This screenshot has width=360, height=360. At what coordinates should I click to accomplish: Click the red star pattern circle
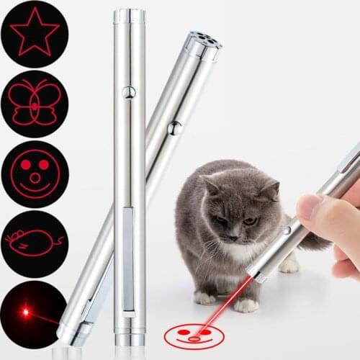34,34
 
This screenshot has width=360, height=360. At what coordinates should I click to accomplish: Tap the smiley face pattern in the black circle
34,173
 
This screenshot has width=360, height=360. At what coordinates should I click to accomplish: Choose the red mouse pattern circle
34,242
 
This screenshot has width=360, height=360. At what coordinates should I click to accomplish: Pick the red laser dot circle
34,314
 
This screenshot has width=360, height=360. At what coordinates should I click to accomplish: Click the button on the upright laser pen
129,91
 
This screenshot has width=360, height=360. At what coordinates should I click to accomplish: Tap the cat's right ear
270,189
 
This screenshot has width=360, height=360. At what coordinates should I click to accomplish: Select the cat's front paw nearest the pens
204,296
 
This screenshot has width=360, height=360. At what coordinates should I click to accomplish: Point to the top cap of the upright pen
129,15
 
